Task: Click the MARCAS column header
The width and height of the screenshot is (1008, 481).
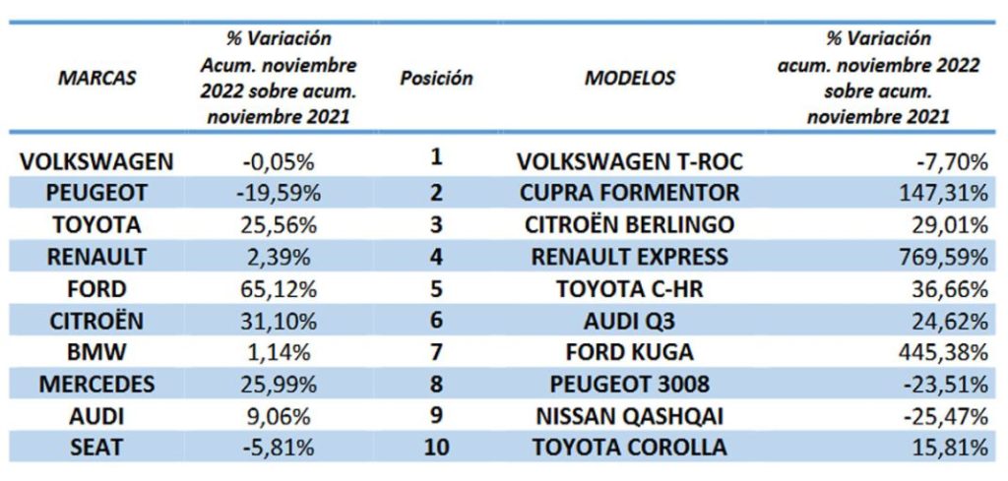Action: (x=97, y=78)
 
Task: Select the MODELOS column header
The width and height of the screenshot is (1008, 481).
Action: (x=630, y=78)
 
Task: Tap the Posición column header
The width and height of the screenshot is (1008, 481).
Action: (x=436, y=78)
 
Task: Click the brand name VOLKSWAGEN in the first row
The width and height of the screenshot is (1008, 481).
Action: (x=97, y=161)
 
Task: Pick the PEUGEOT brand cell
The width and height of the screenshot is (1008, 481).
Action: (x=97, y=193)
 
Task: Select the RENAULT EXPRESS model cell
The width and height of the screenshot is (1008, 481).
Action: (x=630, y=257)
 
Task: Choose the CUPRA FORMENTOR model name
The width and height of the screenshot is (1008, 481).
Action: (x=630, y=193)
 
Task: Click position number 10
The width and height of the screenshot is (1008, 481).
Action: (x=436, y=448)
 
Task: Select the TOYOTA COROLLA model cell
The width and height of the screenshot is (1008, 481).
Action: (x=630, y=448)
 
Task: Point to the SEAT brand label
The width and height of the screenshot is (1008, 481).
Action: (x=97, y=448)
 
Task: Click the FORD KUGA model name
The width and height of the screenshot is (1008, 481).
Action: (x=630, y=352)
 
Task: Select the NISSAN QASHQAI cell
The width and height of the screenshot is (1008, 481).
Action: (x=630, y=416)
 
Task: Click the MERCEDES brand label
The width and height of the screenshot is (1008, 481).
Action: (x=97, y=385)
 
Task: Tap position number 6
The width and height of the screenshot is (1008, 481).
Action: (x=436, y=321)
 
